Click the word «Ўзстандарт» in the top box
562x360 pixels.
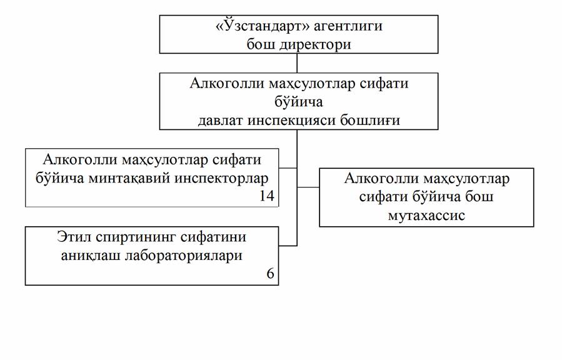(x=263, y=25)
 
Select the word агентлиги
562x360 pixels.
(x=348, y=26)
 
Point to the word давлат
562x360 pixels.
(x=221, y=119)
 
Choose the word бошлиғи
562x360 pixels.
(x=370, y=120)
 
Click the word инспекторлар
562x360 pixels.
(x=221, y=178)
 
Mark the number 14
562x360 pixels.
(x=267, y=196)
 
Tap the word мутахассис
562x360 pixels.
(x=426, y=216)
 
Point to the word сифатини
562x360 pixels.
(x=213, y=237)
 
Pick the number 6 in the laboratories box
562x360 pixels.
(x=270, y=274)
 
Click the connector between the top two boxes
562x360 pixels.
(x=297, y=63)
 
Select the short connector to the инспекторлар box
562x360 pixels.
(x=288, y=167)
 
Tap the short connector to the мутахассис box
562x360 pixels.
(x=308, y=187)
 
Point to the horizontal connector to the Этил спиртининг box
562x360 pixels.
(x=288, y=246)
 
